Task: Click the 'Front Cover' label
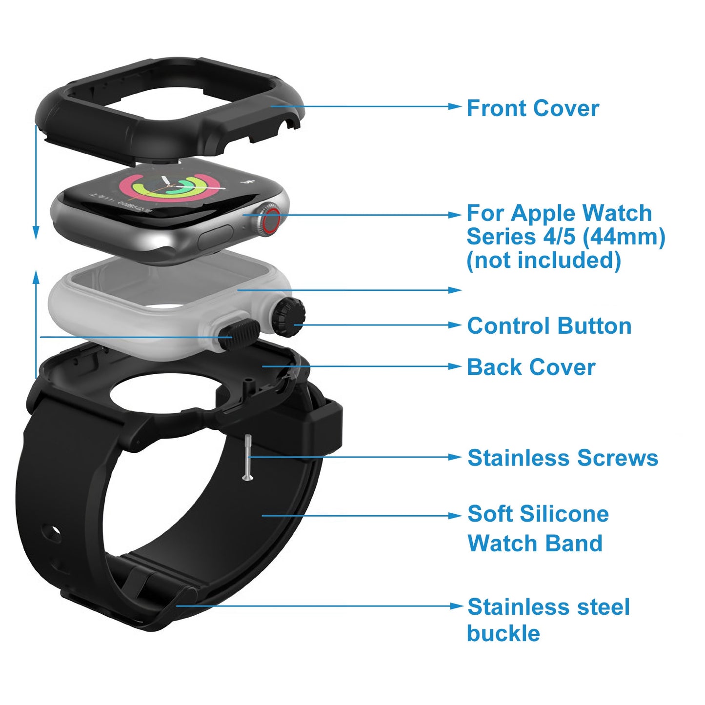click(x=532, y=108)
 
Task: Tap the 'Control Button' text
click(x=549, y=325)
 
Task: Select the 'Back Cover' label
click(x=531, y=367)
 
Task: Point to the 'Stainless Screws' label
click(x=563, y=458)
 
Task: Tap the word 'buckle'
click(x=503, y=633)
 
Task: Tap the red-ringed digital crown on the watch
click(x=270, y=221)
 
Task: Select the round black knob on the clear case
click(x=288, y=318)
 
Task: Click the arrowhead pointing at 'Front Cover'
click(x=455, y=106)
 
